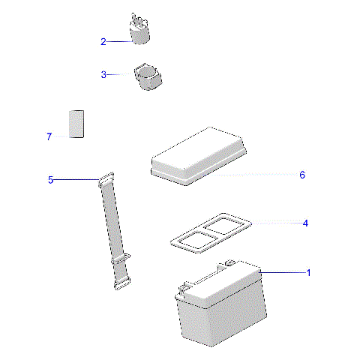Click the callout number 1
308,273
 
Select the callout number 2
103,42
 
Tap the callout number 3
103,75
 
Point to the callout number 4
305,223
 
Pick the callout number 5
50,180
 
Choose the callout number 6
302,175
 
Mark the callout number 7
49,136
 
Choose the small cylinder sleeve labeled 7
76,124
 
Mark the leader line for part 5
75,179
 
